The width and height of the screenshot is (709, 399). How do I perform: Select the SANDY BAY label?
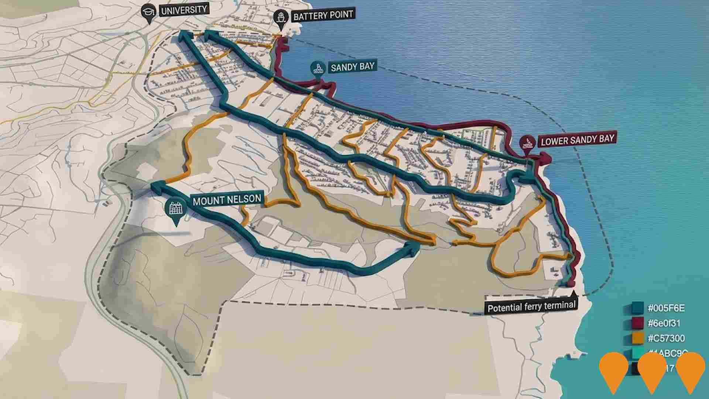(x=352, y=67)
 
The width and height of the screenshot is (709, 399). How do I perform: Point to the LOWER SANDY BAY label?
(x=578, y=140)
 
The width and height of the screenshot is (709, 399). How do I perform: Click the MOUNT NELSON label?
(x=227, y=200)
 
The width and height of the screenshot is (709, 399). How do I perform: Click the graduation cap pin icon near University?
(x=149, y=11)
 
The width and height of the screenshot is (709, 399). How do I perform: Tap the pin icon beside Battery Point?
(x=281, y=18)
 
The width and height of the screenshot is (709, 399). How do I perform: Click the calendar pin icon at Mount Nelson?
(x=176, y=209)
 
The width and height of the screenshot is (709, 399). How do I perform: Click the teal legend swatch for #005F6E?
(x=637, y=308)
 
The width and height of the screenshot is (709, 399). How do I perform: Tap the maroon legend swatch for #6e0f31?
(x=637, y=323)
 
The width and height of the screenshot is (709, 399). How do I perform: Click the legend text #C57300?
(x=666, y=338)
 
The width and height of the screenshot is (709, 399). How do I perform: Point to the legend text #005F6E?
(x=666, y=308)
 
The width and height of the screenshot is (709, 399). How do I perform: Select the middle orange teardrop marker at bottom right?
(x=651, y=371)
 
